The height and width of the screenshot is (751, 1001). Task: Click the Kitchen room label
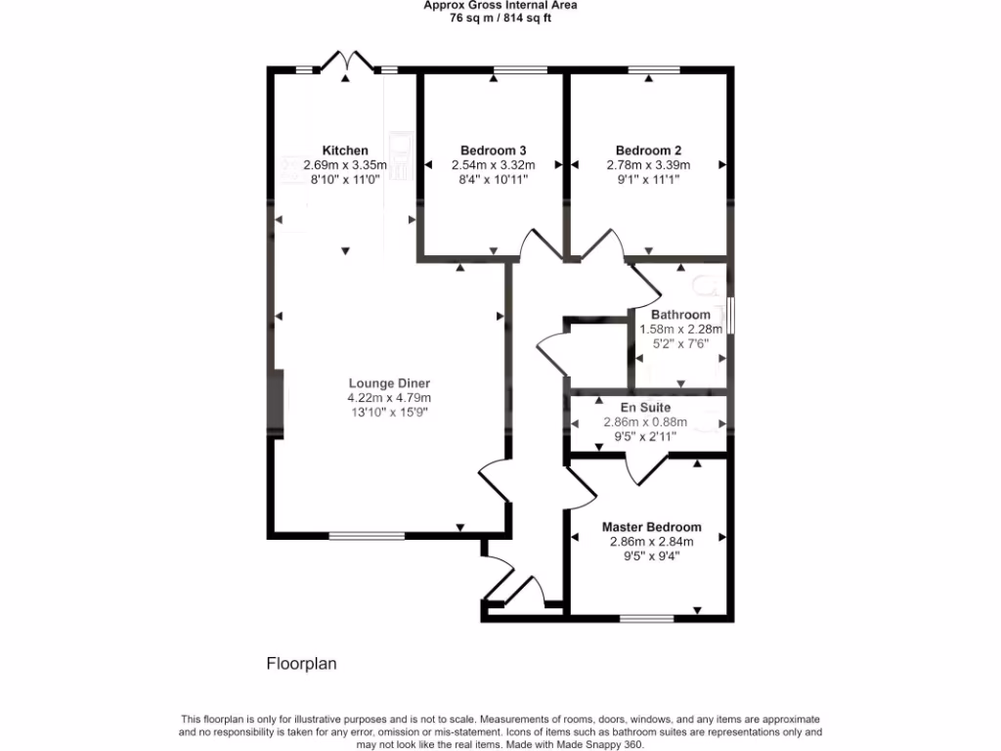pyautogui.click(x=345, y=151)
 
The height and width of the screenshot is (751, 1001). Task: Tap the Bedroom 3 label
pyautogui.click(x=494, y=151)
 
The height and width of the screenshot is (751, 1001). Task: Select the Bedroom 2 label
pyautogui.click(x=648, y=151)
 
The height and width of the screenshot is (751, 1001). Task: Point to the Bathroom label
pyautogui.click(x=680, y=315)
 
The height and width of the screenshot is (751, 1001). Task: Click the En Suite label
pyautogui.click(x=646, y=407)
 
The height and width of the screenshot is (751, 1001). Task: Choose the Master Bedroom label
pyautogui.click(x=651, y=526)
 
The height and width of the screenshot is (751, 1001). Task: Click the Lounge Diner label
pyautogui.click(x=389, y=383)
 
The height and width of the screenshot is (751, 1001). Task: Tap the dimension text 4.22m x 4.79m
pyautogui.click(x=389, y=398)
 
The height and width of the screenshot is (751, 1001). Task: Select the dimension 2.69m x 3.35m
pyautogui.click(x=345, y=165)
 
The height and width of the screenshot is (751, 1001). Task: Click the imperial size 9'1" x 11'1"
pyautogui.click(x=648, y=180)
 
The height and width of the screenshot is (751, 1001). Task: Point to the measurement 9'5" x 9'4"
pyautogui.click(x=651, y=556)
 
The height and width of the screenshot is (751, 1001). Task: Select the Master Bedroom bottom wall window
pyautogui.click(x=647, y=618)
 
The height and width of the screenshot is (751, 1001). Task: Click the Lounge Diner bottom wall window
pyautogui.click(x=367, y=536)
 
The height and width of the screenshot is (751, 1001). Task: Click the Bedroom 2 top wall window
pyautogui.click(x=654, y=69)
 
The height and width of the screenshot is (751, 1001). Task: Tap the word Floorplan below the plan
pyautogui.click(x=302, y=664)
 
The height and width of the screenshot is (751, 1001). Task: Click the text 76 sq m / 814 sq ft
pyautogui.click(x=500, y=18)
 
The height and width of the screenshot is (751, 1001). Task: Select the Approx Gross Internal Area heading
pyautogui.click(x=500, y=5)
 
